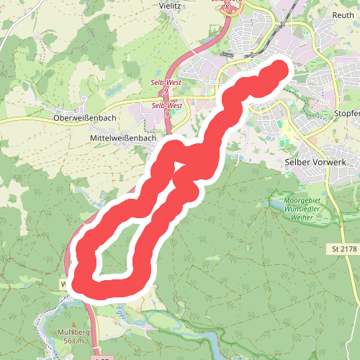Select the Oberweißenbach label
pos(85,117)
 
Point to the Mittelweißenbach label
pos(123,137)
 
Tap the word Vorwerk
pos(331,163)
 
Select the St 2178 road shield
pos(344,249)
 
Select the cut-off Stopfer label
pos(346,113)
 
